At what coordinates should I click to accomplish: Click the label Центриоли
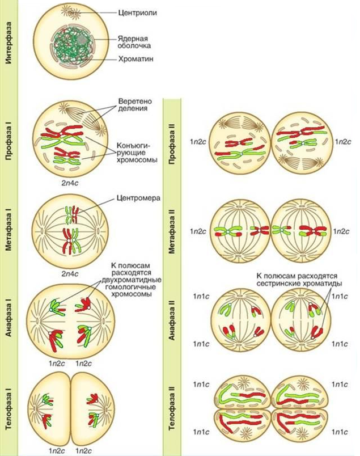[138, 13]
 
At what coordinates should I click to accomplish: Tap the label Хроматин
[135, 59]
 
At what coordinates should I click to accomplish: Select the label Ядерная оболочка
[134, 42]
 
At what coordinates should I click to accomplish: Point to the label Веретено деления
[135, 105]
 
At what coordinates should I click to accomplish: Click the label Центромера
[138, 198]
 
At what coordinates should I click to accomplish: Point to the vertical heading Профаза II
[172, 144]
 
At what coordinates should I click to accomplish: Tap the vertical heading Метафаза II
[172, 232]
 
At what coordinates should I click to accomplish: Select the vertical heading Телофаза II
[172, 408]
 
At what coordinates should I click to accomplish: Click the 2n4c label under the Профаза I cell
[70, 183]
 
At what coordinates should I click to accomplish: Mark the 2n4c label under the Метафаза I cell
[70, 274]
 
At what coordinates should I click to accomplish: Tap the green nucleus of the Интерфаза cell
[71, 46]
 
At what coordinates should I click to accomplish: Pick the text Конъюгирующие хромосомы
[137, 153]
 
